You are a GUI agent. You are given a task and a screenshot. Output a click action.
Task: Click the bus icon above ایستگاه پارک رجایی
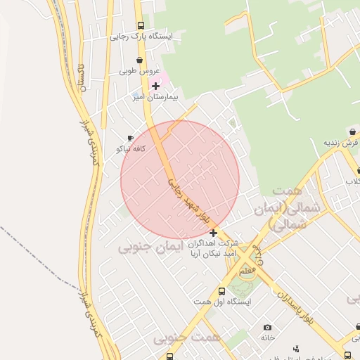[141, 26]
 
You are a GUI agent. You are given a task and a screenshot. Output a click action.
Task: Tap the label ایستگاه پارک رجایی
[140, 37]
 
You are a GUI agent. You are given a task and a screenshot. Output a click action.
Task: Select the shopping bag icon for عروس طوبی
[139, 60]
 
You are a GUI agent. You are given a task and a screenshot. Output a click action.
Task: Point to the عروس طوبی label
[139, 71]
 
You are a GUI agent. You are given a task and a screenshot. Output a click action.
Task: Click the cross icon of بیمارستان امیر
[155, 86]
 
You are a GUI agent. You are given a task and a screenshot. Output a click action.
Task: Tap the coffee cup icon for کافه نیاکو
[130, 139]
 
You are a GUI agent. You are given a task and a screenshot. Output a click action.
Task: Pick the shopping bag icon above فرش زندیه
[352, 131]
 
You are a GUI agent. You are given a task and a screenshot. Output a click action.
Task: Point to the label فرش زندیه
[342, 142]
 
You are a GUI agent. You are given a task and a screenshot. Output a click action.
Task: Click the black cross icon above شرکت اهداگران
[213, 233]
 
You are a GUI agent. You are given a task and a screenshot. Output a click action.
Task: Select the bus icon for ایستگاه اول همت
[222, 291]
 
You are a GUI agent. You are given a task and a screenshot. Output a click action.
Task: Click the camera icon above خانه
[267, 327]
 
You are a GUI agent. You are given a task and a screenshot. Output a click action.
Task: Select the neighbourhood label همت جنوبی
[187, 338]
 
